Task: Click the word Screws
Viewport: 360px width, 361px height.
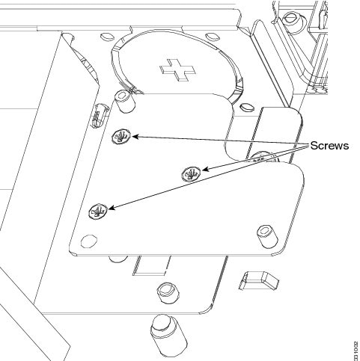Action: pyautogui.click(x=329, y=146)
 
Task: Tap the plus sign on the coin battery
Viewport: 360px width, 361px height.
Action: pyautogui.click(x=177, y=70)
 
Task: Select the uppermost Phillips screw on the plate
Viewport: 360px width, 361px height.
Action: pyautogui.click(x=121, y=136)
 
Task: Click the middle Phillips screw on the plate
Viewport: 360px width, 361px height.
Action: pyautogui.click(x=191, y=173)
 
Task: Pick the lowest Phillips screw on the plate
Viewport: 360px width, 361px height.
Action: pyautogui.click(x=98, y=212)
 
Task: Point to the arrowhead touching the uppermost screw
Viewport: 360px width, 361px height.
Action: pyautogui.click(x=135, y=137)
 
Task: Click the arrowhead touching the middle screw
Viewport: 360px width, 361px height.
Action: pyautogui.click(x=205, y=170)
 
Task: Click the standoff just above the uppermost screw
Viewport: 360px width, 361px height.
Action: pyautogui.click(x=124, y=102)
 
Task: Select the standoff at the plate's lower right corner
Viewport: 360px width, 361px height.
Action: pyautogui.click(x=267, y=236)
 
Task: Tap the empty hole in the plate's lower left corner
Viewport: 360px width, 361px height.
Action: pyautogui.click(x=89, y=241)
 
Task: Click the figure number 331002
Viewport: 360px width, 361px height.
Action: pyautogui.click(x=356, y=351)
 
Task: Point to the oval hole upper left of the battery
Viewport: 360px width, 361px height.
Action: pyautogui.click(x=107, y=37)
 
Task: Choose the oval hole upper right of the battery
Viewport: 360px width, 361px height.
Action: pyautogui.click(x=213, y=37)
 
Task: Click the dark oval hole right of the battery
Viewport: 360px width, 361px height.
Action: pyautogui.click(x=247, y=107)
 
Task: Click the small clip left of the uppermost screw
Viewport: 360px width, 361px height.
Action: pyautogui.click(x=100, y=116)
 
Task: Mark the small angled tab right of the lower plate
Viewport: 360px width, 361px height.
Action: pyautogui.click(x=259, y=280)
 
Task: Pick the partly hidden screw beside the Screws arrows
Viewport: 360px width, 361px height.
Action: pyautogui.click(x=262, y=158)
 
